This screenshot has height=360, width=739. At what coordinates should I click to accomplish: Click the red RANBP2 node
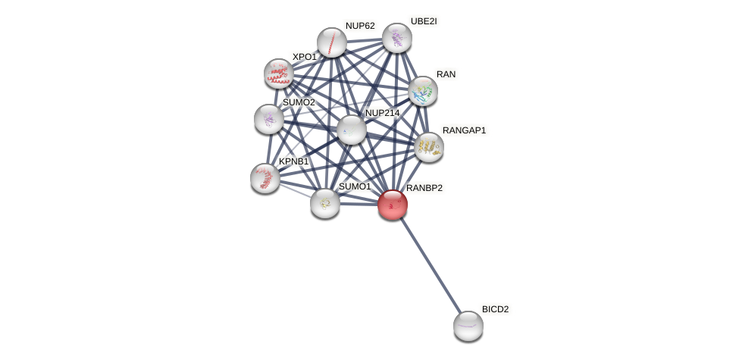(393, 205)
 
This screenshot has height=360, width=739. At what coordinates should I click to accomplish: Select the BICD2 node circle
(468, 326)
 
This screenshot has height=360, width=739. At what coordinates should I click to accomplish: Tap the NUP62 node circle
(332, 42)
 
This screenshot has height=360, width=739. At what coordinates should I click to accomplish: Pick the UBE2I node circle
(397, 38)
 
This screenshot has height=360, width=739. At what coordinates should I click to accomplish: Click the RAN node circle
(423, 91)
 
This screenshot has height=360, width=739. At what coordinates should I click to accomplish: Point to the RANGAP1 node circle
(429, 147)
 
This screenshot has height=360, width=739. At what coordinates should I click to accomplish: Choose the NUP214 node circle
(352, 130)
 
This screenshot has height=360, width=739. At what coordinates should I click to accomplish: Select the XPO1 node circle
(279, 74)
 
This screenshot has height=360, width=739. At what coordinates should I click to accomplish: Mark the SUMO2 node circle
(269, 119)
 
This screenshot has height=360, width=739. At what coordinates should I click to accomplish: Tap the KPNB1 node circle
(265, 178)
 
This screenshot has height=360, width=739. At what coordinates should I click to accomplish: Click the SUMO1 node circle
(325, 203)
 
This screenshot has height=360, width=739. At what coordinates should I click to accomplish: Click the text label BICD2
(495, 309)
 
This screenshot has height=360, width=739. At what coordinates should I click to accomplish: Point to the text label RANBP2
(424, 188)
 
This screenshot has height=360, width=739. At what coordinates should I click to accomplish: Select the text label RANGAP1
(464, 130)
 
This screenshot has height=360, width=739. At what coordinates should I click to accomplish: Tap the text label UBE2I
(423, 21)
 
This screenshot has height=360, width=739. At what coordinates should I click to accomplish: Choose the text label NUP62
(360, 26)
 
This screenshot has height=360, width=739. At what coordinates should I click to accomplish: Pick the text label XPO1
(305, 57)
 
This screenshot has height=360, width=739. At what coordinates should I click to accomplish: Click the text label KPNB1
(294, 161)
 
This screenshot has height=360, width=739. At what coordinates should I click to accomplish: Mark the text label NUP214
(382, 113)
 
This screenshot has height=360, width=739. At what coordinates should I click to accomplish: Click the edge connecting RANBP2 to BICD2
(431, 265)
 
